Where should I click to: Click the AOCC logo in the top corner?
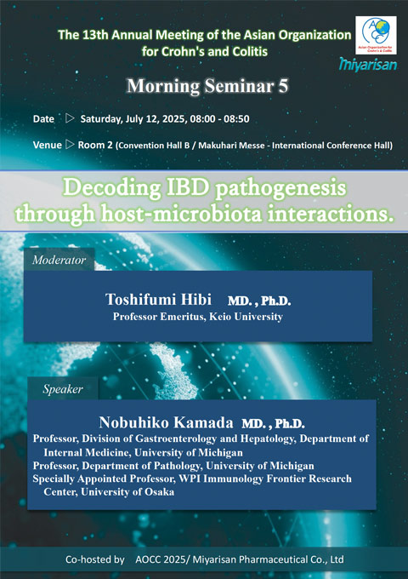point(376,35)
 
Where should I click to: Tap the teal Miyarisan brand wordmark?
point(368,64)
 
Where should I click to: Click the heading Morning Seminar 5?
point(207,86)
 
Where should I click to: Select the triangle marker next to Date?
point(70,118)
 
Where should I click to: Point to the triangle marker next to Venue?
point(70,144)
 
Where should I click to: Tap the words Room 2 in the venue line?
point(95,145)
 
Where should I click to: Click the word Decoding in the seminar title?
point(112,188)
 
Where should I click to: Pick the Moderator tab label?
point(59,260)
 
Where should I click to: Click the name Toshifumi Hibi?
point(158,300)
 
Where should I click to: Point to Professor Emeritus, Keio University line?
point(198,317)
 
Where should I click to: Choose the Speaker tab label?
point(63,389)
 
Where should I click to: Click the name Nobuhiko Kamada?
point(166,422)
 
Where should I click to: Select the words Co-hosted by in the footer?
point(95,559)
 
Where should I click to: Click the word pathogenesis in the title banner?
point(280,188)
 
